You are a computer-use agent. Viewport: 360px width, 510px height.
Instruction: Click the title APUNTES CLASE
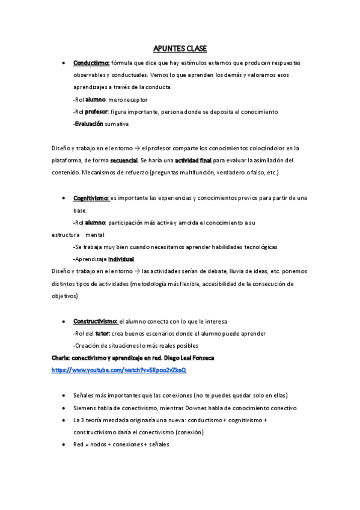coord(179,49)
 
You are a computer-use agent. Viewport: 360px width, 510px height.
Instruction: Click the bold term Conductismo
coord(91,63)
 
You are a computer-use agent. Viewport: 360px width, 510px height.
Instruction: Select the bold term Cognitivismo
coord(91,198)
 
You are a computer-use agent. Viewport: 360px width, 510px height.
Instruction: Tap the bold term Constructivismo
coord(96,321)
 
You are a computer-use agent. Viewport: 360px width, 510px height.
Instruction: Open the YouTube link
coord(119,370)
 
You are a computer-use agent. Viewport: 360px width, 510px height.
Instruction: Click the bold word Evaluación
coord(89,124)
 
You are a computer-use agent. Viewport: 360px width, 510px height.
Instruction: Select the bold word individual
coord(121,259)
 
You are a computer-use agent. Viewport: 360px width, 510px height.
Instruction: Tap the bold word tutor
coord(102,334)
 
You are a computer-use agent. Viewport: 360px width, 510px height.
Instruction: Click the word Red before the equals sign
coord(78,444)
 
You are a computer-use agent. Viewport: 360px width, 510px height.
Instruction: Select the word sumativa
coord(117,124)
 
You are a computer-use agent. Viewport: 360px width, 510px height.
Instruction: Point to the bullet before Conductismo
coord(64,63)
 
